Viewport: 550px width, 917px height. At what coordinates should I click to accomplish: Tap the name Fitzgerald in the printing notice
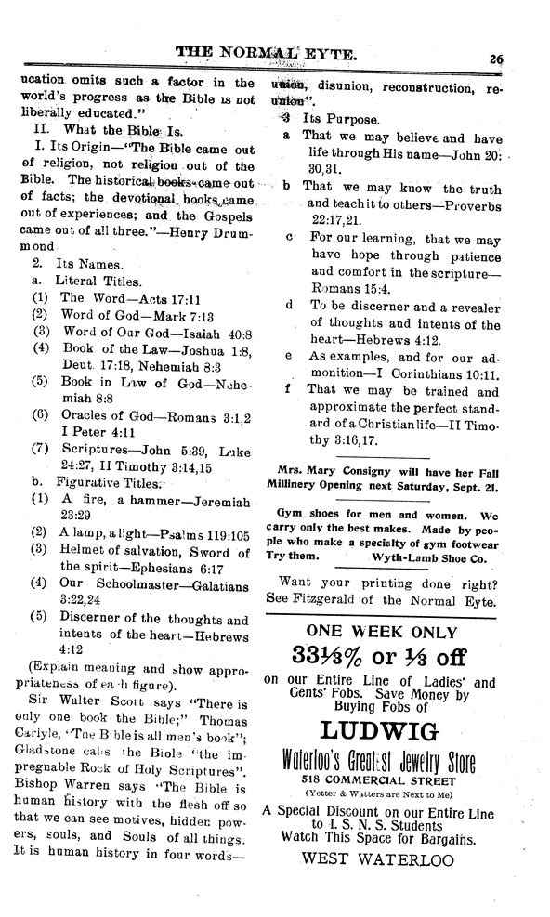[323, 601]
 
